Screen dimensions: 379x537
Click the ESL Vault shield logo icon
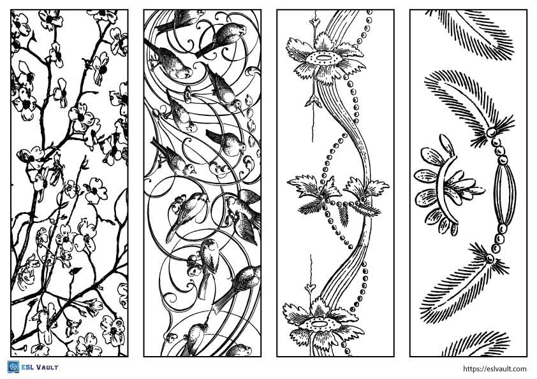12,367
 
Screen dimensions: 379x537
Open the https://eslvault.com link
494,368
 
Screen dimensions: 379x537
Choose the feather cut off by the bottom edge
478,344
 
